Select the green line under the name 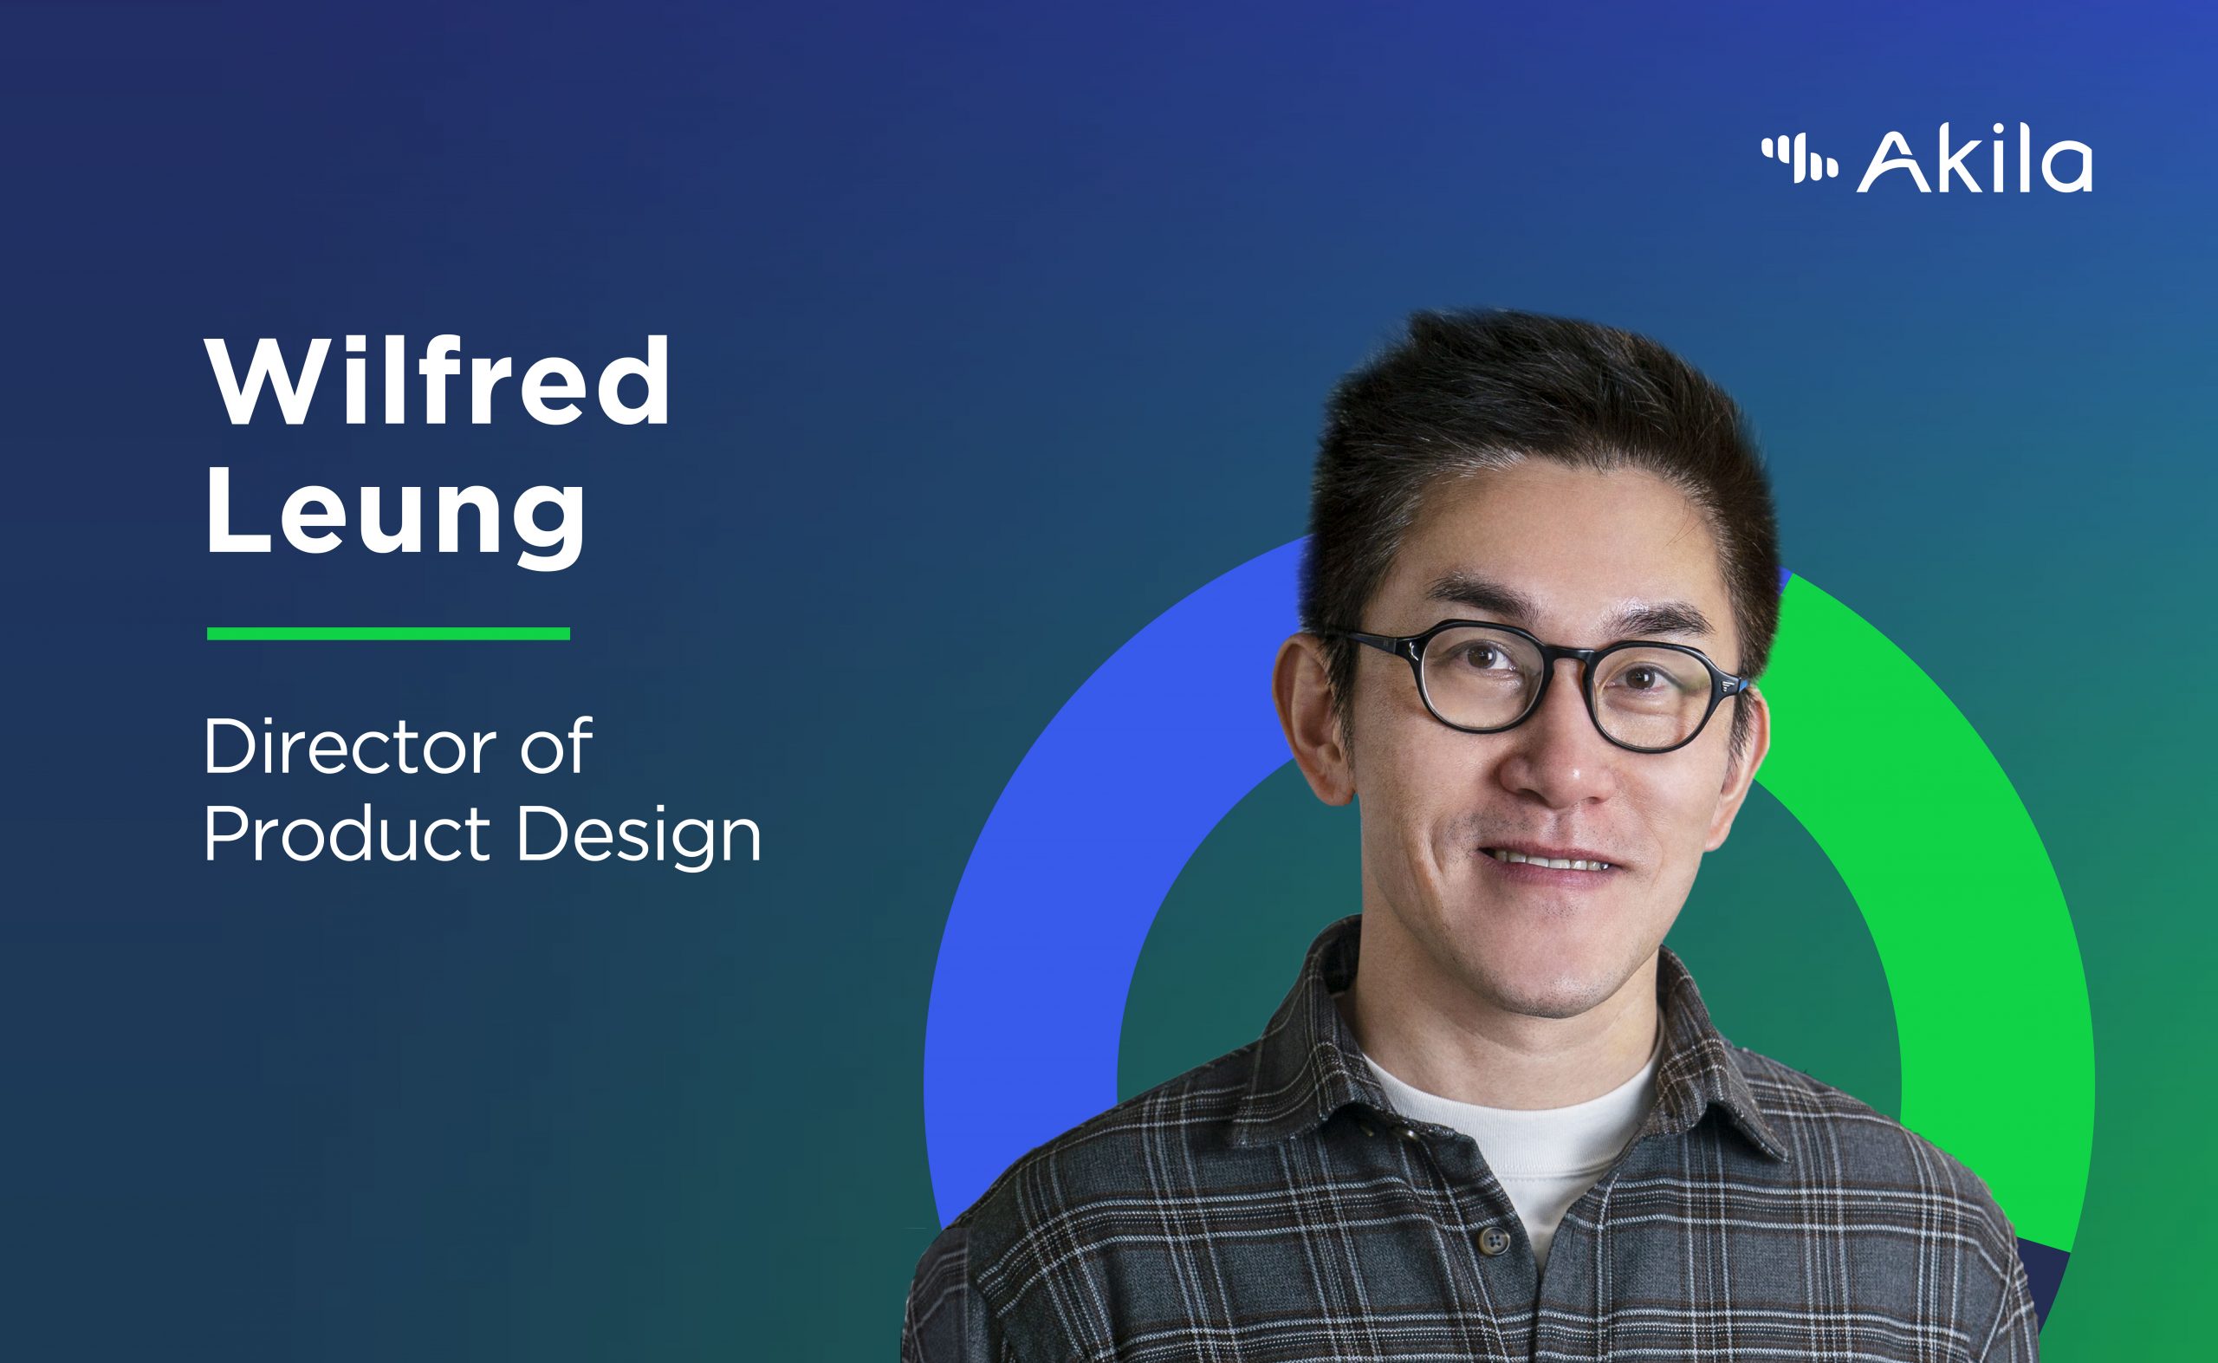pyautogui.click(x=388, y=633)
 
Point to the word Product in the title pyautogui.click(x=347, y=834)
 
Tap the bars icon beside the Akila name pyautogui.click(x=1799, y=159)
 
